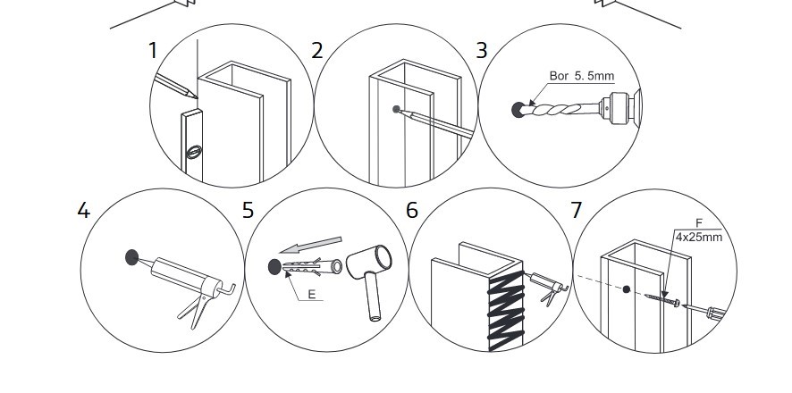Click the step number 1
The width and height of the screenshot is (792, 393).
[153, 50]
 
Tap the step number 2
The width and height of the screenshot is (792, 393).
[316, 50]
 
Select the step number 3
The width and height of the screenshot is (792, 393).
[482, 50]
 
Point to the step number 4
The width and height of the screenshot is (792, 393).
[83, 211]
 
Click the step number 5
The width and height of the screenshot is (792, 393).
[248, 211]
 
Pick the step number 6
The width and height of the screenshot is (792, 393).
[412, 211]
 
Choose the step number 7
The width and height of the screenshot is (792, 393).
[576, 211]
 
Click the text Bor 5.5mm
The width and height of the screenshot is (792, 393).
[582, 77]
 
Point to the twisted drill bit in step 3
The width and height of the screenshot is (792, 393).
[560, 111]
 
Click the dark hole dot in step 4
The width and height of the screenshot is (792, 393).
[132, 258]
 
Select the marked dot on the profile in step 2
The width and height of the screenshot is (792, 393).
[396, 110]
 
